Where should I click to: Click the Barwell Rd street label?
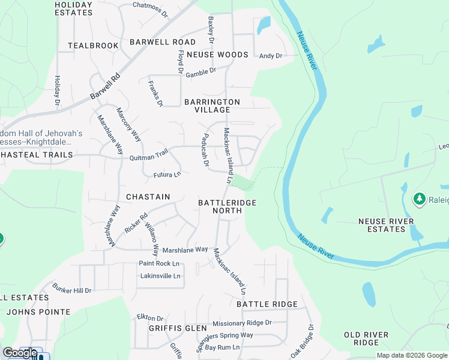[x=106, y=86]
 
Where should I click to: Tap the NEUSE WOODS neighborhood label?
[x=217, y=55]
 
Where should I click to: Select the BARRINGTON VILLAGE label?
[x=212, y=106]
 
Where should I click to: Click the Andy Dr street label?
[x=270, y=56]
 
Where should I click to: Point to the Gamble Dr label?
[x=200, y=73]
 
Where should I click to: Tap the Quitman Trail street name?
[x=149, y=155]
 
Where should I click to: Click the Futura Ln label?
[x=167, y=175]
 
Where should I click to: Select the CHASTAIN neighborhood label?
[x=148, y=197]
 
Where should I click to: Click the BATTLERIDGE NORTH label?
[x=228, y=206]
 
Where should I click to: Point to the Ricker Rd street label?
[x=136, y=224]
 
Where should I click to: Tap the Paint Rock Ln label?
[x=159, y=263]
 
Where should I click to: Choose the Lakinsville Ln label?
[x=160, y=276]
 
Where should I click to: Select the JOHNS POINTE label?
[x=38, y=312]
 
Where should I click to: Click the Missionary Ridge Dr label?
[x=242, y=323]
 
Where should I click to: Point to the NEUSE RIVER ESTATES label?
[x=386, y=225]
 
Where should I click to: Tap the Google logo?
[x=20, y=353]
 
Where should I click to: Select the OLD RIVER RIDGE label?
[x=366, y=338]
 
